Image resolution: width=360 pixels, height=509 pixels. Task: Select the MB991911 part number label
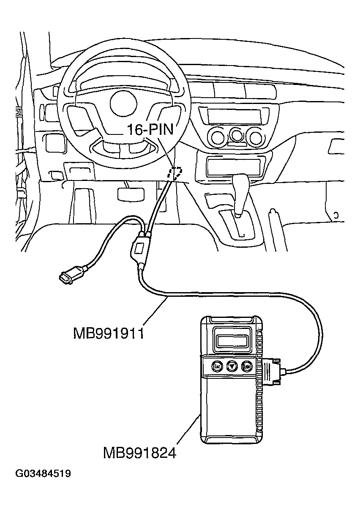109,334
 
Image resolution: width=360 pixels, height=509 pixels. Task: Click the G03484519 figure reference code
43,473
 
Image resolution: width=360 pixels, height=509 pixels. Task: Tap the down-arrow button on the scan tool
231,366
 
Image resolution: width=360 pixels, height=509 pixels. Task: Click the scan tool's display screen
232,338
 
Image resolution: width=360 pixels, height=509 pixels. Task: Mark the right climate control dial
255,137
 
